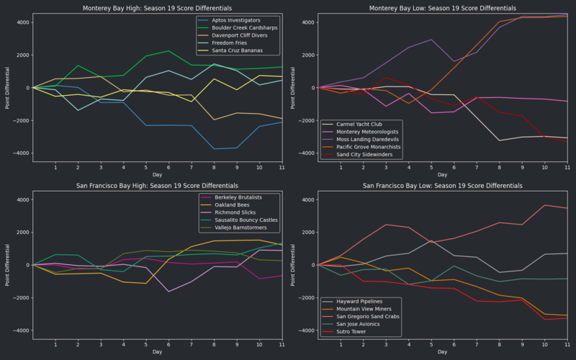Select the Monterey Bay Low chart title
(x=444, y=8)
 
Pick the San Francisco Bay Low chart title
(x=444, y=185)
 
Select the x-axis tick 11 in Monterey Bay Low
(x=567, y=168)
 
